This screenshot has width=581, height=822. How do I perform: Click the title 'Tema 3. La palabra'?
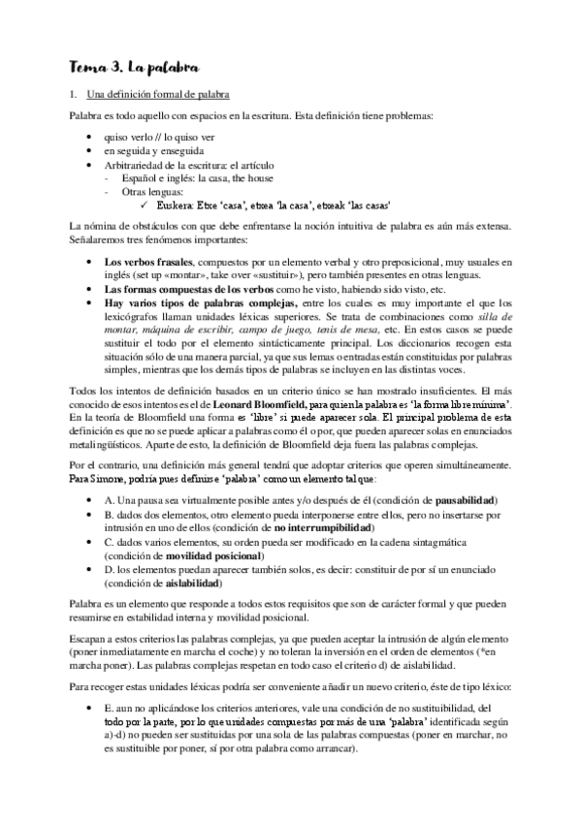pyautogui.click(x=134, y=67)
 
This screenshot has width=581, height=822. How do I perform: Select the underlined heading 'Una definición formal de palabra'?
pyautogui.click(x=157, y=94)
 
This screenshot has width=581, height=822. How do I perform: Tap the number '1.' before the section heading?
pyautogui.click(x=73, y=94)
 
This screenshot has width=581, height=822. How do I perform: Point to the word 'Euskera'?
pyautogui.click(x=176, y=205)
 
